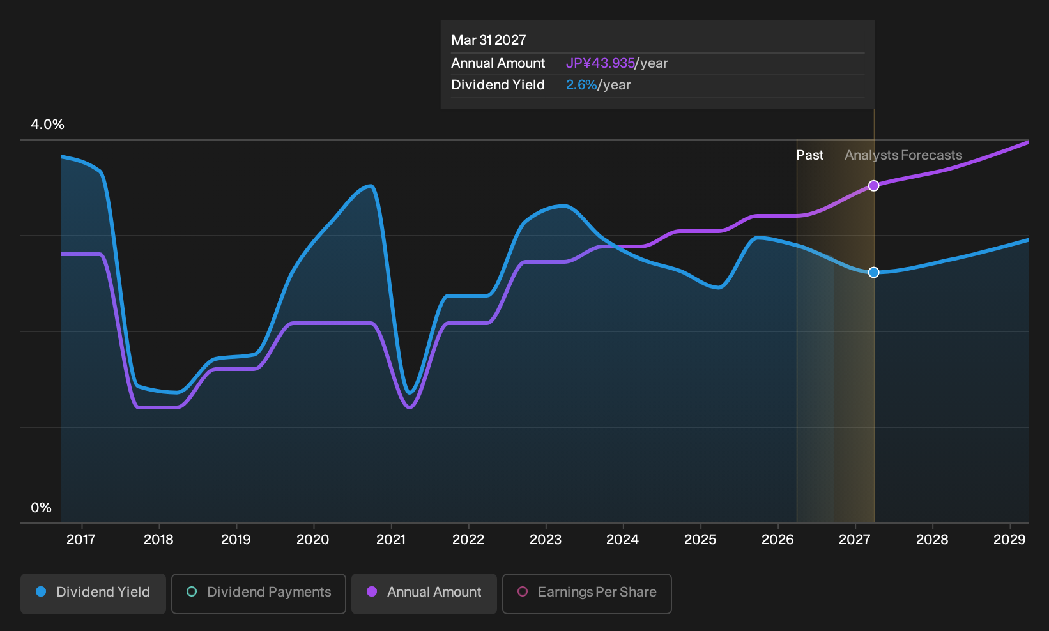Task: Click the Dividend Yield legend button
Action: pyautogui.click(x=93, y=593)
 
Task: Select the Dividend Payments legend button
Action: pyautogui.click(x=259, y=593)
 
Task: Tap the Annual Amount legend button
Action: pyautogui.click(x=424, y=593)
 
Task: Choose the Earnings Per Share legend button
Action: pyautogui.click(x=586, y=593)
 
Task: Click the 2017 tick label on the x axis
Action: pyautogui.click(x=81, y=540)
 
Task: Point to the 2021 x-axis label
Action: pyautogui.click(x=391, y=540)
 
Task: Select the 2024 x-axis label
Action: pyautogui.click(x=622, y=540)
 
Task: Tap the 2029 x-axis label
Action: pyautogui.click(x=1009, y=540)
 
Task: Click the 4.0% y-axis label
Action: pyautogui.click(x=47, y=125)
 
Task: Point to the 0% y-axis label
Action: pyautogui.click(x=42, y=508)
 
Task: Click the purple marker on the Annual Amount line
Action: pyautogui.click(x=873, y=186)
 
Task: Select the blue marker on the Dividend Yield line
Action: pyautogui.click(x=873, y=273)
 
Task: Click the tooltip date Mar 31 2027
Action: pyautogui.click(x=489, y=40)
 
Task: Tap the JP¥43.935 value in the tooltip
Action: pyautogui.click(x=601, y=63)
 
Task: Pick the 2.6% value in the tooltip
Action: pyautogui.click(x=581, y=85)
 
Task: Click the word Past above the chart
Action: pyautogui.click(x=809, y=155)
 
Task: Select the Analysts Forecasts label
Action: pyautogui.click(x=903, y=155)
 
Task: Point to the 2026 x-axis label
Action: pyautogui.click(x=777, y=540)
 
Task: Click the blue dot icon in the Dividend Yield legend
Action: pyautogui.click(x=42, y=591)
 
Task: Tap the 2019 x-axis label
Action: pyautogui.click(x=236, y=540)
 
